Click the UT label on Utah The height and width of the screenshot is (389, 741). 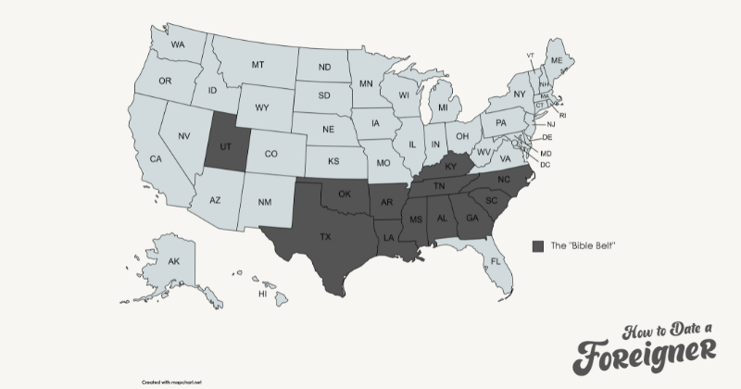225,147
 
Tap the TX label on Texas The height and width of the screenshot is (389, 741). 325,237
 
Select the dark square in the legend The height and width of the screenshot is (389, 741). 538,245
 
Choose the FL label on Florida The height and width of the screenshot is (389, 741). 495,261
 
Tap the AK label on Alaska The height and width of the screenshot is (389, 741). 173,262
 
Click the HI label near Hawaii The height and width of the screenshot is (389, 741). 263,294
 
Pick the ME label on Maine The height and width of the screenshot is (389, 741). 557,60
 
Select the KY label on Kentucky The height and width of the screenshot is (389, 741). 451,167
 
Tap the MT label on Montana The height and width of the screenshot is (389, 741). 258,65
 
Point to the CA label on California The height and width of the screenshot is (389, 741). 156,159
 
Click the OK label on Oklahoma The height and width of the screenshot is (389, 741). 345,194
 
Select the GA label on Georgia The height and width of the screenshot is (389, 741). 472,219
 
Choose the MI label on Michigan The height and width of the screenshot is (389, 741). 443,108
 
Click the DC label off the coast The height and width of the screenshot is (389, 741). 546,164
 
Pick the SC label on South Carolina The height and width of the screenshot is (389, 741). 492,201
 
